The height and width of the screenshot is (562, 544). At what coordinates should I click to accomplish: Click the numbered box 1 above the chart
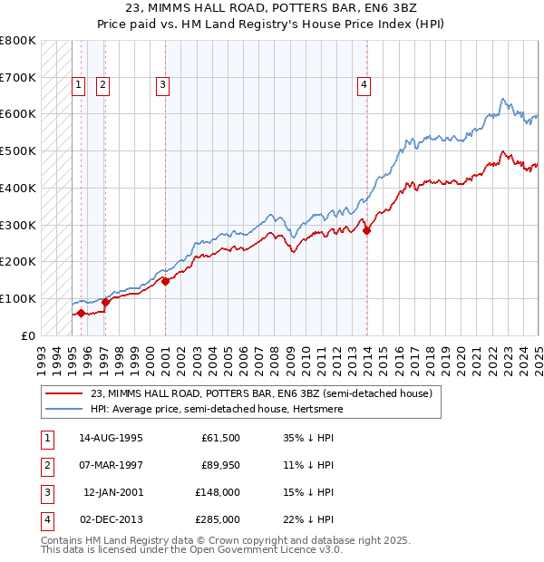point(79,86)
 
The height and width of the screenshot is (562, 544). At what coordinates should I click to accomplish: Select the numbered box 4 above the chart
point(364,86)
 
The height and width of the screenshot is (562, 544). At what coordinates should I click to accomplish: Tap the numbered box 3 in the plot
point(162,86)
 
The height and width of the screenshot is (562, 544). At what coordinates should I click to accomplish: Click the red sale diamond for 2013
point(367,230)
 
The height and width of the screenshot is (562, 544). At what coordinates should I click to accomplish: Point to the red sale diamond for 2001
point(166,281)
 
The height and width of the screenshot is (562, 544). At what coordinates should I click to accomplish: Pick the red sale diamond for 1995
point(81,313)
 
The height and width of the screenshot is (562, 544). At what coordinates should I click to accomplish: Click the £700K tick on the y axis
point(18,78)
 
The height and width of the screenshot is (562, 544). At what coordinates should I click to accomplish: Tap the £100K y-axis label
point(18,298)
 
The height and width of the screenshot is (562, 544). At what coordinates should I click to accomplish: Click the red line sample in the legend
point(64,394)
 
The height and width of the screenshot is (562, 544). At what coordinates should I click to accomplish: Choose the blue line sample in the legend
point(64,410)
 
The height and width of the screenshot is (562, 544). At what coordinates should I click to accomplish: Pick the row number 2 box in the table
point(45,465)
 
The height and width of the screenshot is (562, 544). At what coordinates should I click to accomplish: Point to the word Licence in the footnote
point(287,549)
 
